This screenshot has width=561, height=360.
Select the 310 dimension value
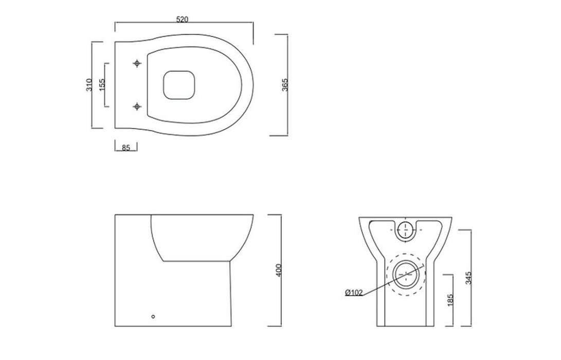[x=88, y=85]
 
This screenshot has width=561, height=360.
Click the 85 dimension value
[x=126, y=148]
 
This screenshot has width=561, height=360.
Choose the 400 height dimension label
[x=279, y=271]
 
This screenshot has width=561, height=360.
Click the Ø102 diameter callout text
[x=354, y=293]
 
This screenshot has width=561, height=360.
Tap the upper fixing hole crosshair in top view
[x=137, y=63]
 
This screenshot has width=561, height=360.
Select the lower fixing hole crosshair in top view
[x=137, y=106]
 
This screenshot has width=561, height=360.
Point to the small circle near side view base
[x=153, y=317]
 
